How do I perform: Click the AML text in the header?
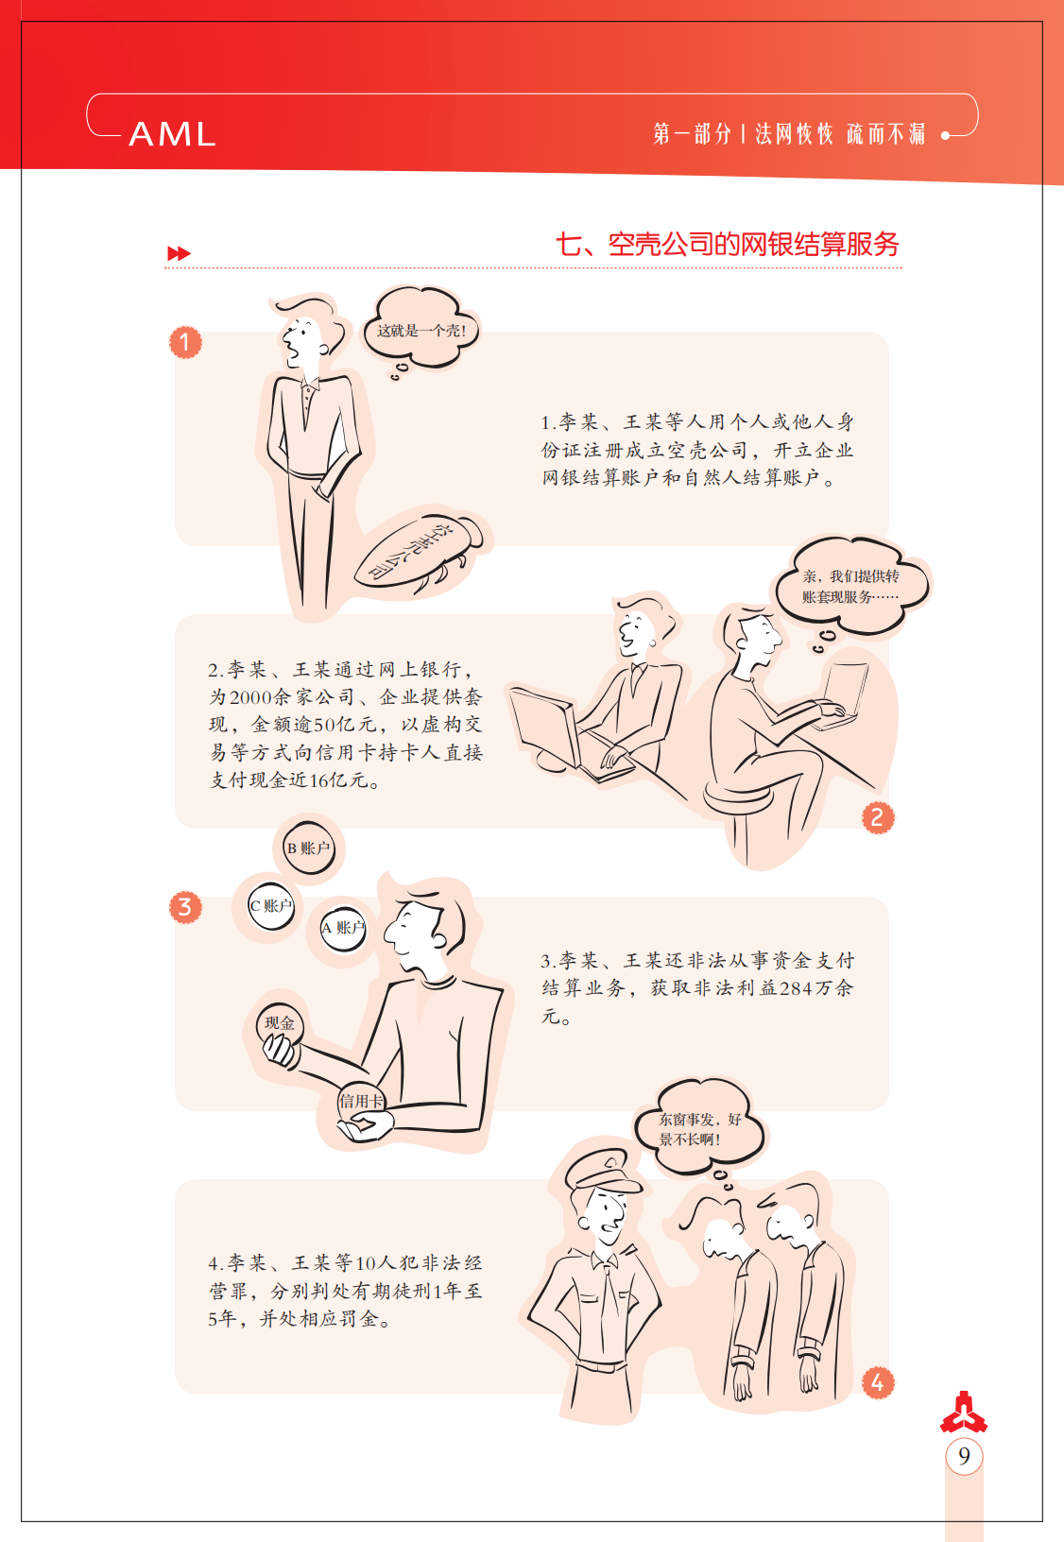(x=172, y=133)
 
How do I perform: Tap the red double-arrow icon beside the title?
(x=179, y=253)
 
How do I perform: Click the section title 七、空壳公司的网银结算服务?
(x=728, y=245)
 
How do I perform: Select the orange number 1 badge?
(x=185, y=342)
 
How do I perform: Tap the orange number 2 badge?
(x=877, y=818)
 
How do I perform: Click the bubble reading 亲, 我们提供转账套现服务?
(x=852, y=586)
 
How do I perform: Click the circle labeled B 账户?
(x=309, y=848)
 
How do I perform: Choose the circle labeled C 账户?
(x=271, y=906)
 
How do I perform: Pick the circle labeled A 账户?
(x=343, y=928)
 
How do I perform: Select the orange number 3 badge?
(x=185, y=907)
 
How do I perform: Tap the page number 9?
(x=964, y=1456)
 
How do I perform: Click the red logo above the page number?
(x=964, y=1413)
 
